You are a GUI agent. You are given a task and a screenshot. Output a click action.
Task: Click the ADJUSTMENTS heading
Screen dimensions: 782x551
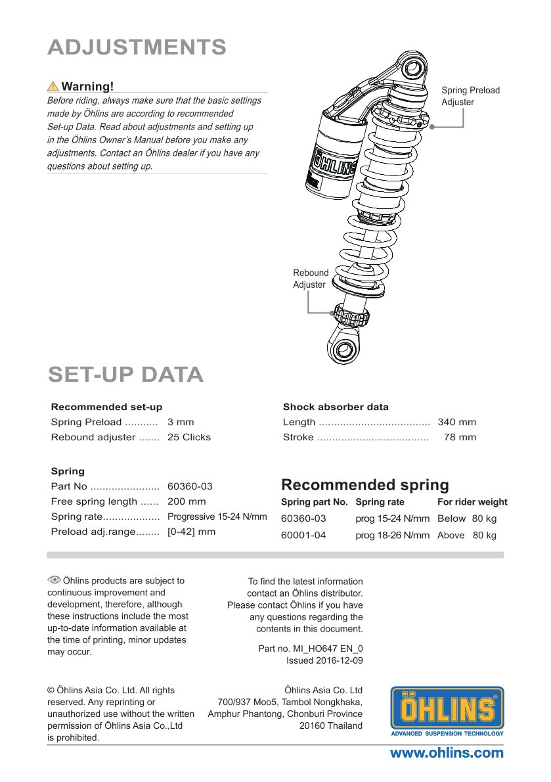(x=137, y=47)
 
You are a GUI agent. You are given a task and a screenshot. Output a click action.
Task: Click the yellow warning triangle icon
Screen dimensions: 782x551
(x=53, y=87)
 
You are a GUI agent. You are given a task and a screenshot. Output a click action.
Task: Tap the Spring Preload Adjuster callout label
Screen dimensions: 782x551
(x=470, y=96)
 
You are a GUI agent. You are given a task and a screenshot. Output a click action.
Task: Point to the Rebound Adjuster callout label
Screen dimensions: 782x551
(x=310, y=279)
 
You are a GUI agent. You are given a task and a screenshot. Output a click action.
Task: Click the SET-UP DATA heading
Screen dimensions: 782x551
(x=125, y=374)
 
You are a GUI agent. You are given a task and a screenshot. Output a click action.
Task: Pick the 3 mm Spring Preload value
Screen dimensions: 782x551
(x=181, y=422)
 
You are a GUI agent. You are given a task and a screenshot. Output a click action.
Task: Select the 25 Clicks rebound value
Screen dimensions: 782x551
(x=189, y=437)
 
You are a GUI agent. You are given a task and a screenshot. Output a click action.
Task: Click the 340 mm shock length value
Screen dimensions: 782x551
(x=457, y=422)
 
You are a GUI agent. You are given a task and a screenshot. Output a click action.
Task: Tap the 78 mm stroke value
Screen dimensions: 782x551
(x=460, y=437)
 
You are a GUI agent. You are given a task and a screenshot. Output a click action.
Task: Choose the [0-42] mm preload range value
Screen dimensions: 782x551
(x=191, y=532)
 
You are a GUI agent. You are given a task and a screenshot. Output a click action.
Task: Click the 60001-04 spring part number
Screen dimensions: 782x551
(x=303, y=536)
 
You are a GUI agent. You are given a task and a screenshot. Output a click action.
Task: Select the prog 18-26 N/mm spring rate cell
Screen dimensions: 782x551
(x=392, y=536)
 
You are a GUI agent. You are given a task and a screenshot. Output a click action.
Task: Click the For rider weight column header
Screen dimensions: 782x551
(x=472, y=502)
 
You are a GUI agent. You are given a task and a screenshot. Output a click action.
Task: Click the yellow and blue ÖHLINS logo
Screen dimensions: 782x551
(x=447, y=711)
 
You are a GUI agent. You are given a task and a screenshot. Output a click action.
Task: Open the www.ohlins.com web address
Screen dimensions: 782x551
(x=447, y=753)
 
